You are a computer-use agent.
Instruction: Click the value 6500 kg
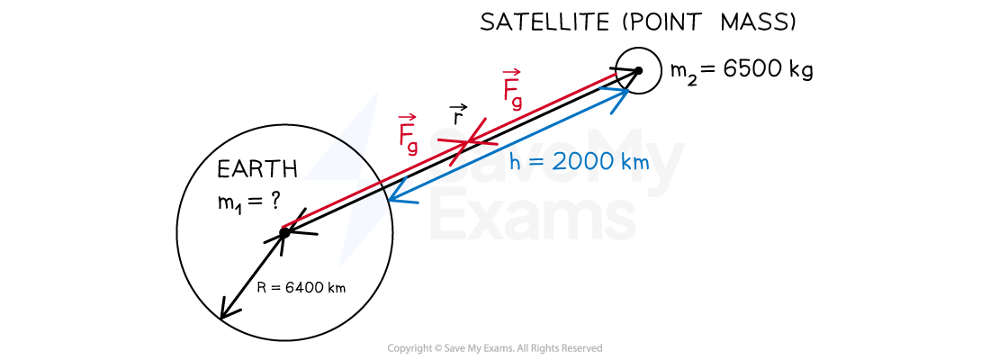(x=768, y=69)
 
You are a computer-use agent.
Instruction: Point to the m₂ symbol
(x=682, y=73)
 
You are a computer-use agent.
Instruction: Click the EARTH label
(x=257, y=169)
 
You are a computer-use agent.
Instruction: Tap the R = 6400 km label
(x=301, y=287)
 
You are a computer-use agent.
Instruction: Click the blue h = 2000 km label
(x=579, y=162)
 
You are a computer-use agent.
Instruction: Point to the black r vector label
(x=458, y=114)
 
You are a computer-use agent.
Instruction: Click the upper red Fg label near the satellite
(x=513, y=89)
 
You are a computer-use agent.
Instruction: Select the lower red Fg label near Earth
(x=408, y=134)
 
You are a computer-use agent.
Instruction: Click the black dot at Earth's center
(x=284, y=233)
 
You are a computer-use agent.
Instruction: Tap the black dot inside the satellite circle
(x=638, y=70)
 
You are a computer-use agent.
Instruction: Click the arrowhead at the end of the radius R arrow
(x=226, y=310)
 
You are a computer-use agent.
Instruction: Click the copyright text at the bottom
(x=494, y=348)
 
